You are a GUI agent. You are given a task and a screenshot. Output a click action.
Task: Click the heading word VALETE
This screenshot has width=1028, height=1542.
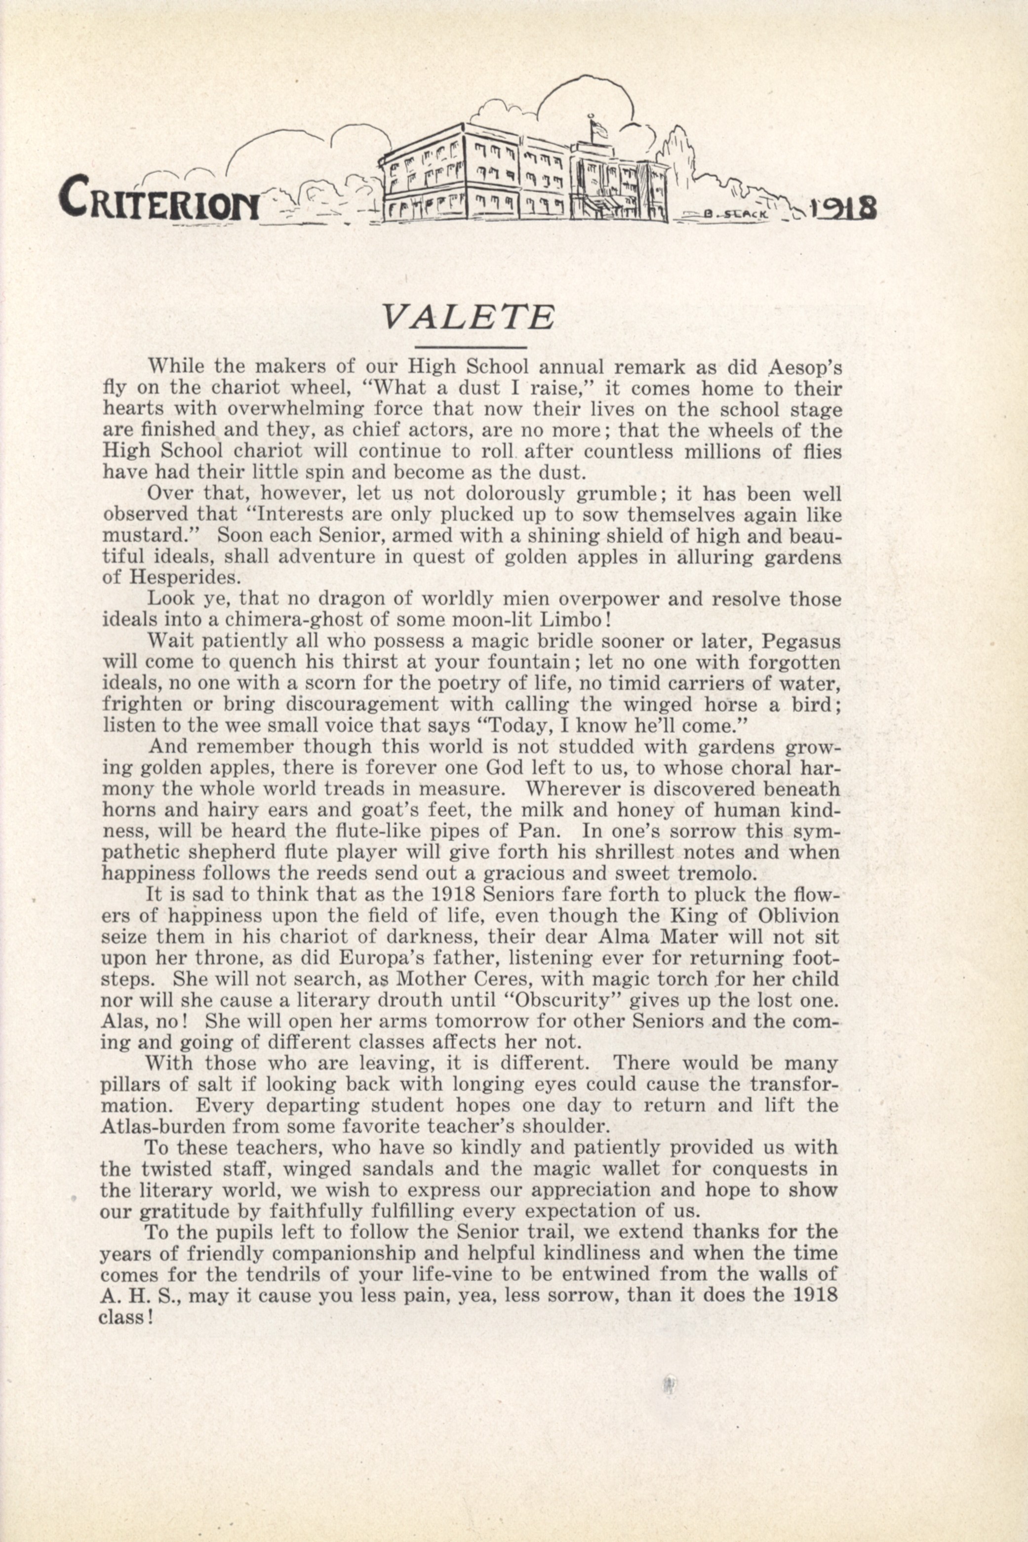point(468,317)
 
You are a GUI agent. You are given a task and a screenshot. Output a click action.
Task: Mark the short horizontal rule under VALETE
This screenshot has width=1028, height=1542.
point(472,347)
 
